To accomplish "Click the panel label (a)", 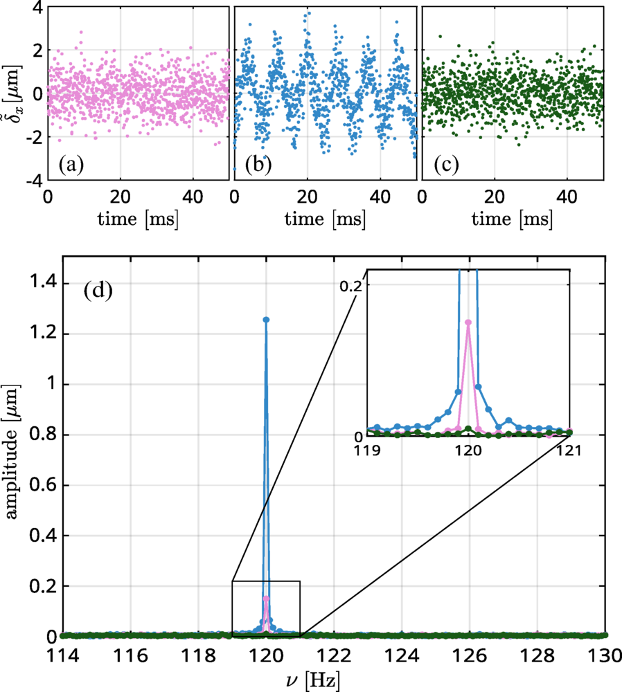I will [x=71, y=165].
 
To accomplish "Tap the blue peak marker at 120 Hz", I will [x=266, y=320].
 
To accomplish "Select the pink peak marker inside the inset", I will [x=468, y=322].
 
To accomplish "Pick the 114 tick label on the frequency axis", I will [x=62, y=653].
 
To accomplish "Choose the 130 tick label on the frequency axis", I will [x=605, y=653].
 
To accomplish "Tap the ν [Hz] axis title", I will [x=334, y=680].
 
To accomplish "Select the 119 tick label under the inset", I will [x=368, y=450].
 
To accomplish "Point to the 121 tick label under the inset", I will [x=569, y=450].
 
